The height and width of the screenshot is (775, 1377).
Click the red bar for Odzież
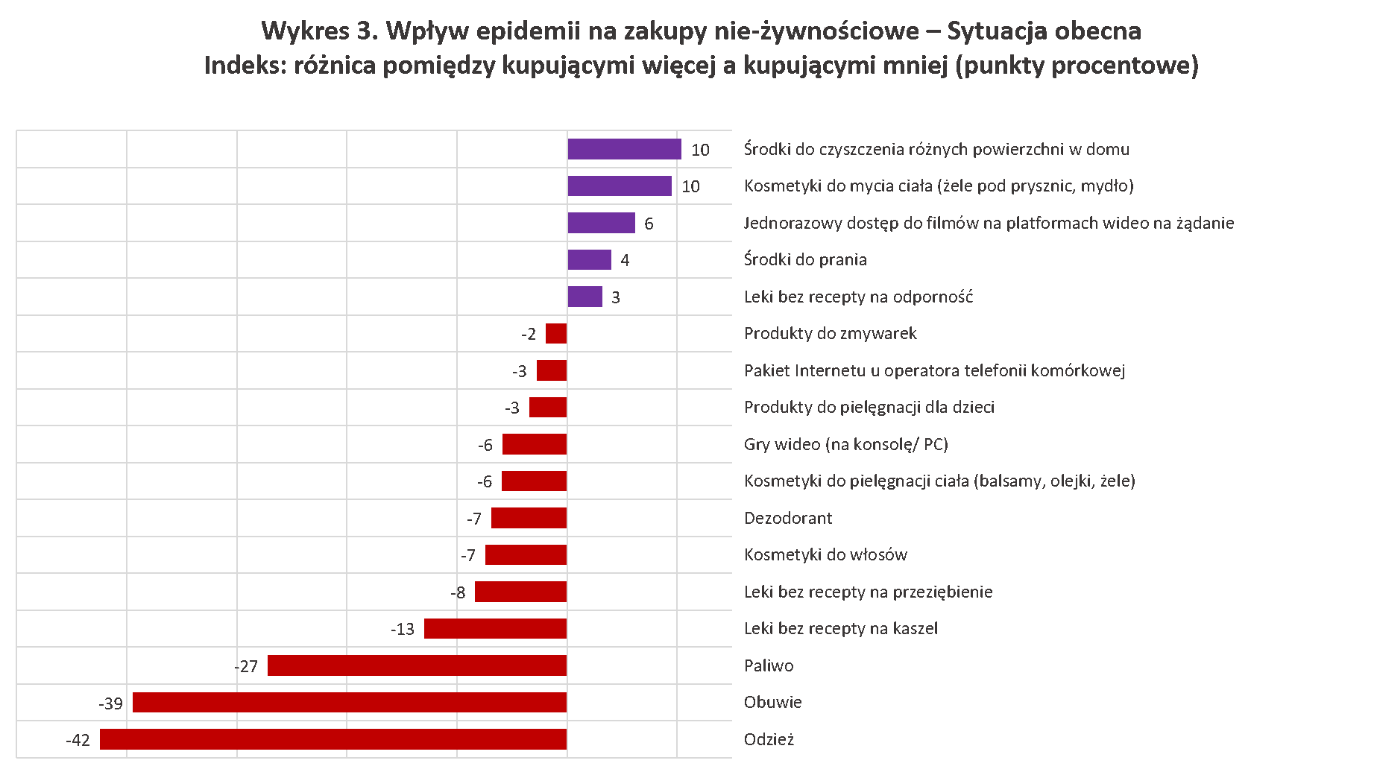(333, 739)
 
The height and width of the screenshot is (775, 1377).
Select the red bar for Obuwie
(350, 702)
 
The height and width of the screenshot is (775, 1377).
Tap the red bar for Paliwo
(417, 665)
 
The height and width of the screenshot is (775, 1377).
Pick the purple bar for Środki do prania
(589, 259)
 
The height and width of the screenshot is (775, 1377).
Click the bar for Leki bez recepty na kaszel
(495, 628)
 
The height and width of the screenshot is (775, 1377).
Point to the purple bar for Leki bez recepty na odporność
(584, 297)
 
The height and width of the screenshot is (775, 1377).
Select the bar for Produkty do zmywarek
(556, 333)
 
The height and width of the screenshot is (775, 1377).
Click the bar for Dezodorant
(529, 518)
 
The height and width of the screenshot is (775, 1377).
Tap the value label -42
(78, 740)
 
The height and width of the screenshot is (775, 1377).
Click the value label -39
(110, 703)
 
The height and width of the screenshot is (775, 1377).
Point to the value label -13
(403, 630)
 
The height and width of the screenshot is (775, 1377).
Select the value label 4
(625, 260)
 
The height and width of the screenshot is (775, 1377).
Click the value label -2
(529, 335)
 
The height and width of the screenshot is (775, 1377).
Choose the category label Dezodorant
(788, 518)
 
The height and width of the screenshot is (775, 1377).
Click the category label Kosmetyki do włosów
(825, 554)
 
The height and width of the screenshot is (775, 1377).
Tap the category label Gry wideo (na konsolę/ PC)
(846, 444)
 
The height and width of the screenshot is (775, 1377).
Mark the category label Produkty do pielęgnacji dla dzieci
(869, 407)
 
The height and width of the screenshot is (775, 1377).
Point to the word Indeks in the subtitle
(242, 66)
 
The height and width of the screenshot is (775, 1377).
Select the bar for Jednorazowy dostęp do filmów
(601, 223)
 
